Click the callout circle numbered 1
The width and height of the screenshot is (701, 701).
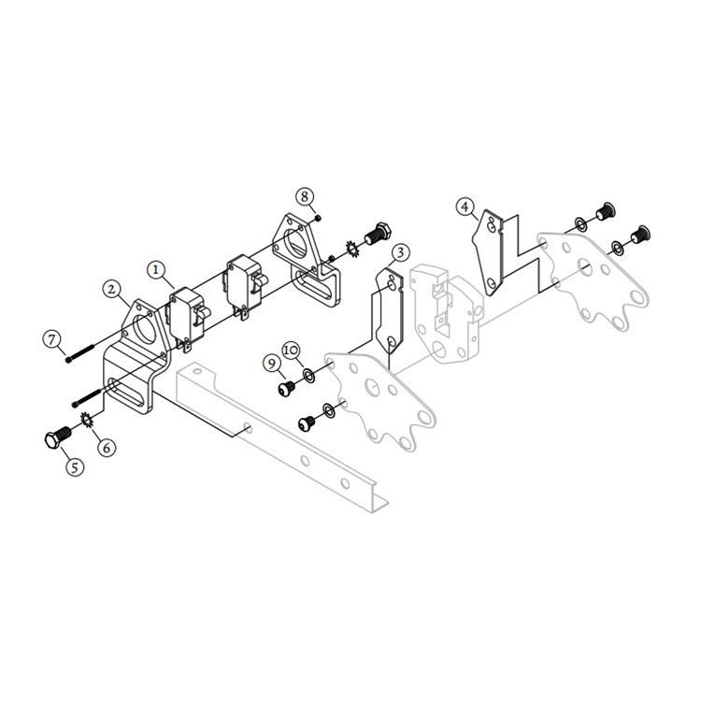click(x=158, y=268)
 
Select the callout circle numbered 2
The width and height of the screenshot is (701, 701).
click(x=113, y=289)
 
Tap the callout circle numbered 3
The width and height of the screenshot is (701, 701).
click(x=399, y=252)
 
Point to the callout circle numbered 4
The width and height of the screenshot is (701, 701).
click(x=465, y=207)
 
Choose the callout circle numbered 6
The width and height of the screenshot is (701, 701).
click(x=107, y=447)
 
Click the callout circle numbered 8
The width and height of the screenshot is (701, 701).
click(x=304, y=196)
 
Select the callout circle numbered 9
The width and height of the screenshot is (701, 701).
click(x=272, y=363)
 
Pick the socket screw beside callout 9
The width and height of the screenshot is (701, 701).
click(x=287, y=386)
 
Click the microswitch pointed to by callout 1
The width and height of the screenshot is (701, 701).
click(x=187, y=316)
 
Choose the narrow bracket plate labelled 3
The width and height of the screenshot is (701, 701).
click(x=393, y=308)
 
